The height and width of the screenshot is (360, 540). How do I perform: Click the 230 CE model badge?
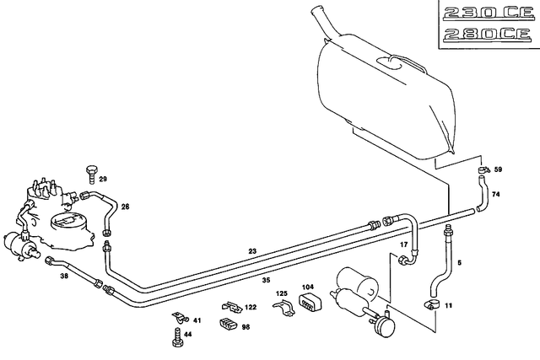pyautogui.click(x=489, y=13)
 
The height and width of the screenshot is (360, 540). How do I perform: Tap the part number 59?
pyautogui.click(x=498, y=169)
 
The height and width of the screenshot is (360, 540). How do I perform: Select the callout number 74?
pyautogui.click(x=495, y=194)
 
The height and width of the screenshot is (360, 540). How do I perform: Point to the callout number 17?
pyautogui.click(x=403, y=244)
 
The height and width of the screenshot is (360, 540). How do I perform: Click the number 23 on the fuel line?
pyautogui.click(x=252, y=251)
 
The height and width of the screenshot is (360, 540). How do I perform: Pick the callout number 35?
pyautogui.click(x=267, y=280)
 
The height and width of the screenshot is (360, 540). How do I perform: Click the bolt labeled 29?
pyautogui.click(x=90, y=175)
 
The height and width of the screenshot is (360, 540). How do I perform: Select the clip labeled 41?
pyautogui.click(x=180, y=319)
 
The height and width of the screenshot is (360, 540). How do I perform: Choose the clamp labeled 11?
pyautogui.click(x=430, y=304)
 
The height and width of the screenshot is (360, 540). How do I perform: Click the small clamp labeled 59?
pyautogui.click(x=483, y=169)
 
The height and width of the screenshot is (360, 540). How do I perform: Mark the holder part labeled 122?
pyautogui.click(x=232, y=307)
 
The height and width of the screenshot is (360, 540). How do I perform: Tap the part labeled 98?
pyautogui.click(x=227, y=324)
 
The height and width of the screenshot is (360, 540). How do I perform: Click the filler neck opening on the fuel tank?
pyautogui.click(x=316, y=11)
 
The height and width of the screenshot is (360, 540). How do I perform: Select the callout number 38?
pyautogui.click(x=64, y=276)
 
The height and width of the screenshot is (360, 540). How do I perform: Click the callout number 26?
pyautogui.click(x=125, y=207)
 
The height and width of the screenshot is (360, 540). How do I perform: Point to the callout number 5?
pyautogui.click(x=459, y=262)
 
